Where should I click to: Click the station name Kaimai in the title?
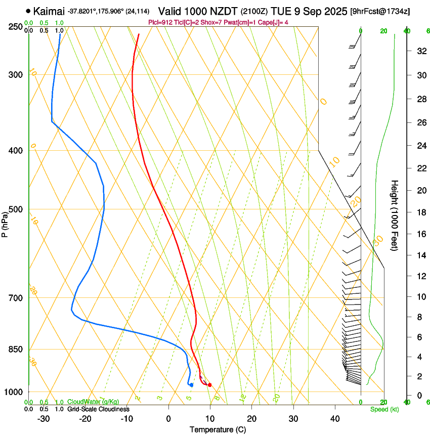click(50, 11)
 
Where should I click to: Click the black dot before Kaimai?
click(28, 11)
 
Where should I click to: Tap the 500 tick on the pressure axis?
click(16, 209)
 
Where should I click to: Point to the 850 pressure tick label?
click(16, 349)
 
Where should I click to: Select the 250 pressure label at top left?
click(16, 26)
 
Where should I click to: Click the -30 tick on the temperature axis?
click(44, 418)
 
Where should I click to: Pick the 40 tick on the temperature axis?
click(334, 418)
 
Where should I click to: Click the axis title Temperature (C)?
click(218, 429)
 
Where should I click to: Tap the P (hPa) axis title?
click(5, 223)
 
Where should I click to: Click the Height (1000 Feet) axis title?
click(395, 215)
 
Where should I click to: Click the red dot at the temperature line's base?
click(209, 385)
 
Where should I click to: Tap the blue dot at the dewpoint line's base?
click(191, 385)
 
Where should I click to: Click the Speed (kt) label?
click(384, 409)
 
